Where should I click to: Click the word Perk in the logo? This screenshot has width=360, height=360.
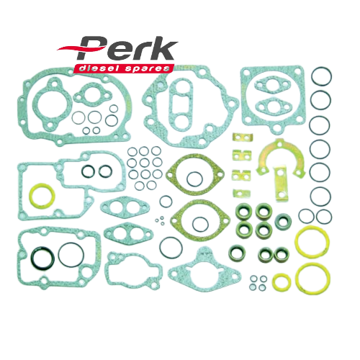pyautogui.click(x=128, y=53)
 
